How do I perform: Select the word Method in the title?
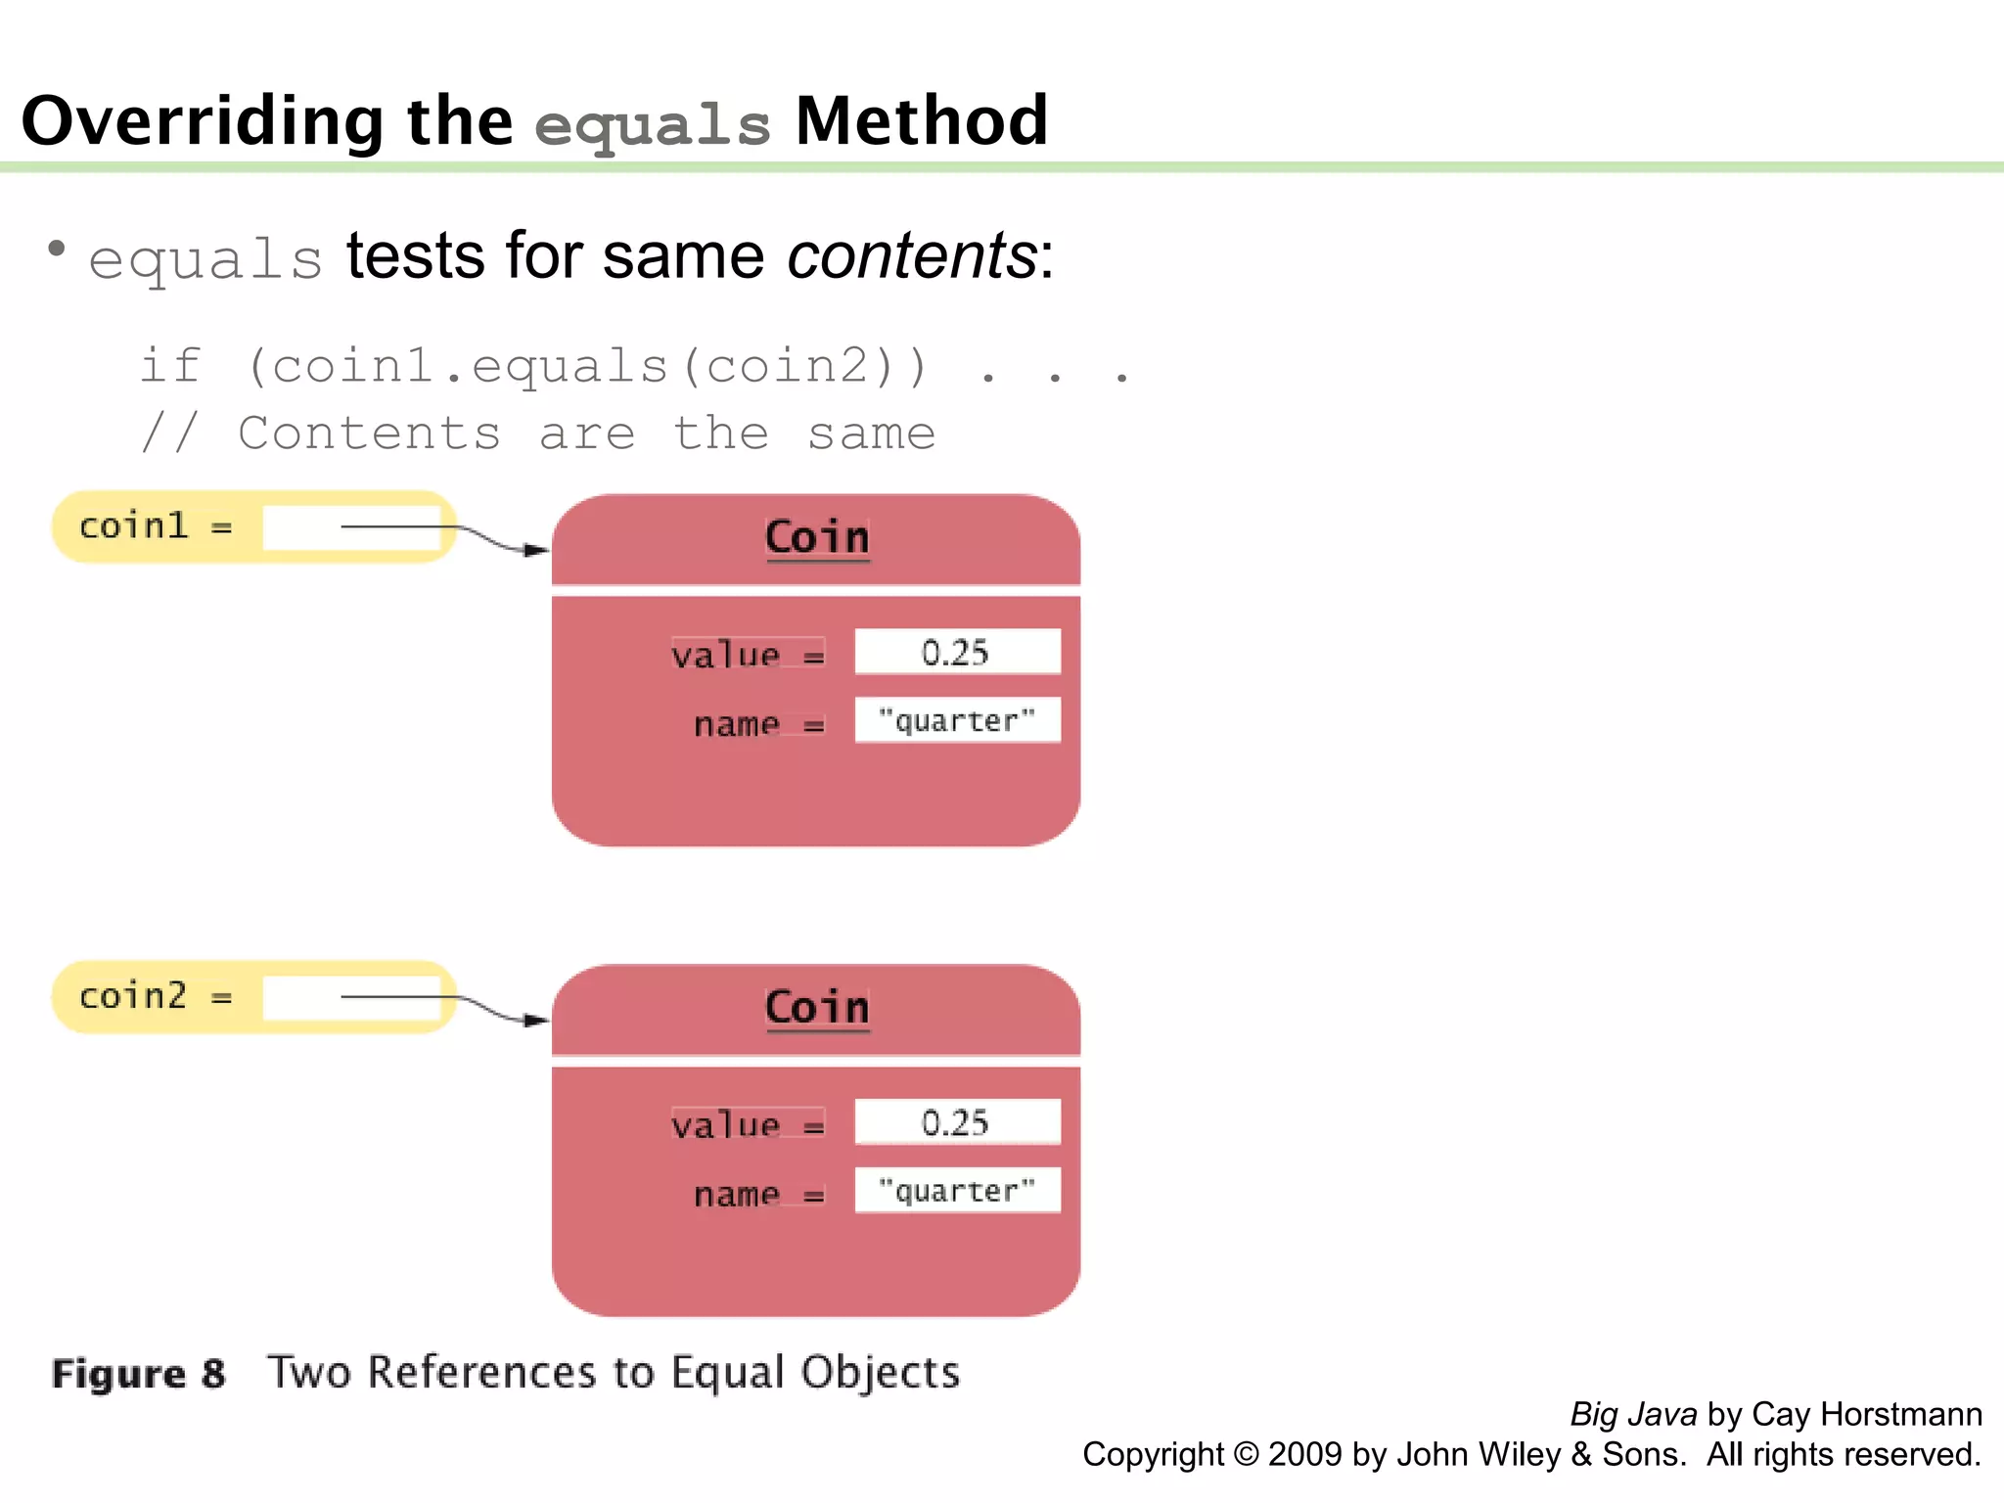click(x=921, y=121)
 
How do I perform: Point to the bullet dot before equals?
click(x=57, y=249)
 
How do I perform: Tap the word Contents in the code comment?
click(x=369, y=433)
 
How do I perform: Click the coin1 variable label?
click(x=133, y=526)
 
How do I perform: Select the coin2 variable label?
click(x=133, y=996)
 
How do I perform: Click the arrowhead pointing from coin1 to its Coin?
click(x=536, y=550)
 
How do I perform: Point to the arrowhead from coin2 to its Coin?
click(x=536, y=1021)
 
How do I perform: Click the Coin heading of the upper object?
click(x=817, y=537)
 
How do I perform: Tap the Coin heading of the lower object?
click(x=817, y=1007)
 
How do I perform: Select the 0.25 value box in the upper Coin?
click(x=956, y=652)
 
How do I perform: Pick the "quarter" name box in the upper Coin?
click(x=956, y=721)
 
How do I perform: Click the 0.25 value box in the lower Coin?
click(x=956, y=1122)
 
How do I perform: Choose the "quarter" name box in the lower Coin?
click(x=956, y=1191)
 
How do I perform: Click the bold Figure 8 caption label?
click(x=138, y=1374)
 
